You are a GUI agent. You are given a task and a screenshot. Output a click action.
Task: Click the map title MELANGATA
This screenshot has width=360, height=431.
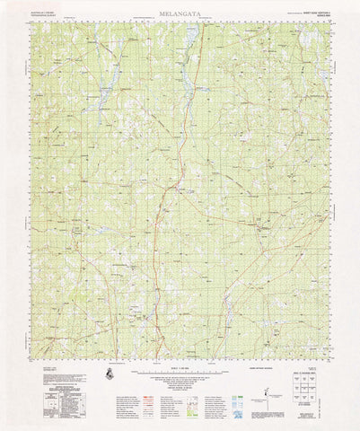click(x=180, y=14)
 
